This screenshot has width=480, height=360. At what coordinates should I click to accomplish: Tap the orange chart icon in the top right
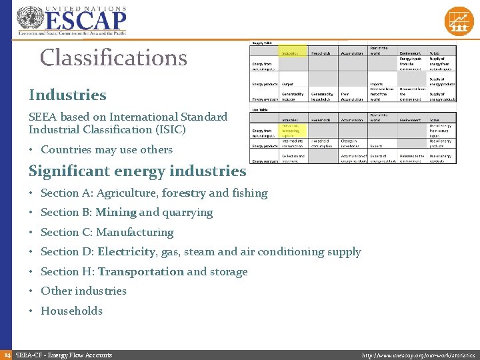coord(459,21)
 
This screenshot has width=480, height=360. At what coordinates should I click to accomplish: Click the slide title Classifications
coord(113,58)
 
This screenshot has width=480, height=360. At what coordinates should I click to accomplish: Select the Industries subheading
coord(67,95)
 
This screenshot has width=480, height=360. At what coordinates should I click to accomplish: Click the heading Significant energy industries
coord(137,171)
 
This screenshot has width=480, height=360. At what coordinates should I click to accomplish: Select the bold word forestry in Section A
coord(183,193)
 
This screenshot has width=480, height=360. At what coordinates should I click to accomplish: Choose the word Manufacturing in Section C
coord(135,233)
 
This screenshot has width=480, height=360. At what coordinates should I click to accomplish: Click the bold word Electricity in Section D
coord(126,252)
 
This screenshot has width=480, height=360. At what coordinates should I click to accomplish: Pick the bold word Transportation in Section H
coord(141,272)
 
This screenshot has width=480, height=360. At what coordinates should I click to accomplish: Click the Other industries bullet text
coord(83,291)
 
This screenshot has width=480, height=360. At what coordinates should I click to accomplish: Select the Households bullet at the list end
coord(71,311)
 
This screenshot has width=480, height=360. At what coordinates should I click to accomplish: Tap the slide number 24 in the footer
coord(6,355)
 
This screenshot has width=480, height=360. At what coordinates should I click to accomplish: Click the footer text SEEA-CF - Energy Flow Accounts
coord(63,355)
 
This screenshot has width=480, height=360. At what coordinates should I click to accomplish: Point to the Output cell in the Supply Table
coord(288,85)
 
